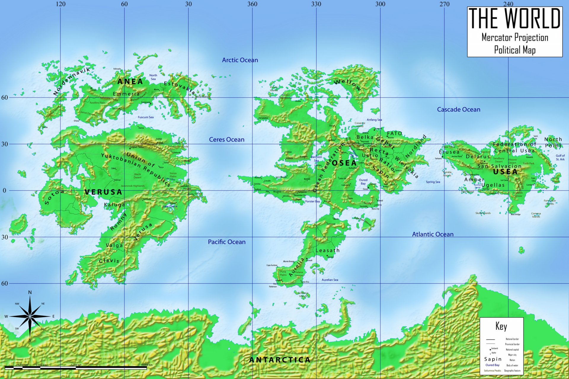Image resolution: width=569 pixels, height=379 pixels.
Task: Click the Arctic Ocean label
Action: pyautogui.click(x=240, y=60)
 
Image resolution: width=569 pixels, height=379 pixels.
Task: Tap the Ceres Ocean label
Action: pyautogui.click(x=227, y=139)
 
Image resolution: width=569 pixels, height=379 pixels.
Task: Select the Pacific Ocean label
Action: pyautogui.click(x=227, y=242)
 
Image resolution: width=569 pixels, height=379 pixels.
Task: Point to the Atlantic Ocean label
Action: pyautogui.click(x=433, y=234)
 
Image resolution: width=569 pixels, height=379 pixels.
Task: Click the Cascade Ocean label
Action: pyautogui.click(x=458, y=110)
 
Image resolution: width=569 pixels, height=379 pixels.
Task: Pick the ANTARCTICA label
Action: pyautogui.click(x=280, y=360)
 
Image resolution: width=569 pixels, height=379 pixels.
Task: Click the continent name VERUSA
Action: pyautogui.click(x=103, y=192)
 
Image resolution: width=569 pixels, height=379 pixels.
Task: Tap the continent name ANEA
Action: pyautogui.click(x=130, y=81)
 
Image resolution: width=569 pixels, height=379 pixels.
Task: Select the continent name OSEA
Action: pyautogui.click(x=344, y=163)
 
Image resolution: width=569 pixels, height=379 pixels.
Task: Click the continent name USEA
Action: pyautogui.click(x=505, y=172)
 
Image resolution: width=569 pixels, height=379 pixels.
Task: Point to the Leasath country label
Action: pyautogui.click(x=327, y=250)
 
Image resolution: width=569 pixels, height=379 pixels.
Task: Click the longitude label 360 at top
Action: pyautogui.click(x=252, y=4)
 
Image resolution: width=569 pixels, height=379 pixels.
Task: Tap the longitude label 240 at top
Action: pyautogui.click(x=508, y=4)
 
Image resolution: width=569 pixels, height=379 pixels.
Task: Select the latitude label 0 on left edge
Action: pyautogui.click(x=4, y=190)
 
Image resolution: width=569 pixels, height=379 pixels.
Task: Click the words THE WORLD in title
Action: pyautogui.click(x=515, y=18)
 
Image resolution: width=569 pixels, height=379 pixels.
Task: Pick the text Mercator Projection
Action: pyautogui.click(x=515, y=38)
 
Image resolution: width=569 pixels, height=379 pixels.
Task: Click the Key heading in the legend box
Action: pyautogui.click(x=501, y=326)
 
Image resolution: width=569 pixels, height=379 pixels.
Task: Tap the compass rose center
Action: pyautogui.click(x=30, y=317)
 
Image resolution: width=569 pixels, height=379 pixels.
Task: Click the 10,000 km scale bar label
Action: pyautogui.click(x=147, y=365)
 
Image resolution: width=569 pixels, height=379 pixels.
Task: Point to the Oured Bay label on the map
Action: pyautogui.click(x=363, y=182)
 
